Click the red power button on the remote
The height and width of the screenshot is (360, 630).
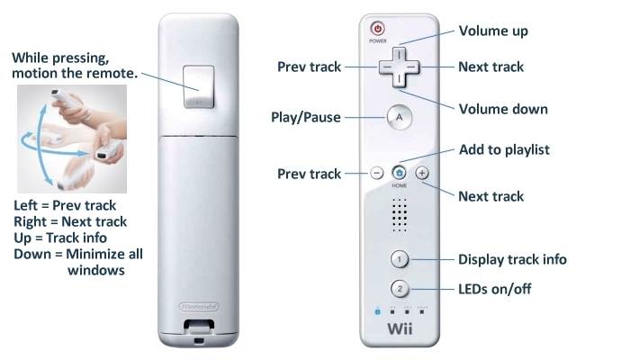pyautogui.click(x=378, y=29)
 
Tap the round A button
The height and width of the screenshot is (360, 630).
pyautogui.click(x=399, y=117)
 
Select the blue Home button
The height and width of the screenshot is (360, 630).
pyautogui.click(x=399, y=173)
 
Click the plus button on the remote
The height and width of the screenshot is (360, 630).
pyautogui.click(x=422, y=173)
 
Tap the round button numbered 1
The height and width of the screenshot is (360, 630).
pyautogui.click(x=399, y=259)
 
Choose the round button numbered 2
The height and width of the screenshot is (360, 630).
pyautogui.click(x=400, y=289)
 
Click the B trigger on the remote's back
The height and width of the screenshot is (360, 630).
pyautogui.click(x=199, y=87)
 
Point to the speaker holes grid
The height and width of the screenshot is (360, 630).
pyautogui.click(x=400, y=215)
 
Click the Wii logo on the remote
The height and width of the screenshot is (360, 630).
pyautogui.click(x=400, y=328)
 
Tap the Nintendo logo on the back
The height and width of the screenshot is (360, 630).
pyautogui.click(x=199, y=308)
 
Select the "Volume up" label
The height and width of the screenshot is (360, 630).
pyautogui.click(x=493, y=31)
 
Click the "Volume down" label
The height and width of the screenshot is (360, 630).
pyautogui.click(x=503, y=109)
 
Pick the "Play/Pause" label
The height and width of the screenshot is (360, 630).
pyautogui.click(x=306, y=117)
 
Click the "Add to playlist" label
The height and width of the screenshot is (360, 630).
pyautogui.click(x=504, y=150)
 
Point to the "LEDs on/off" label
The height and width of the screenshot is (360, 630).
pyautogui.click(x=495, y=289)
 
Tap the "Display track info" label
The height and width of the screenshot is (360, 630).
pyautogui.click(x=512, y=259)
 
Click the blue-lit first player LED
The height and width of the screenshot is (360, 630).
pyautogui.click(x=377, y=311)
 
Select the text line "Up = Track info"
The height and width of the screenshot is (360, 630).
pyautogui.click(x=60, y=238)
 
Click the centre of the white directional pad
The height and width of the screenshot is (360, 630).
pyautogui.click(x=399, y=67)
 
